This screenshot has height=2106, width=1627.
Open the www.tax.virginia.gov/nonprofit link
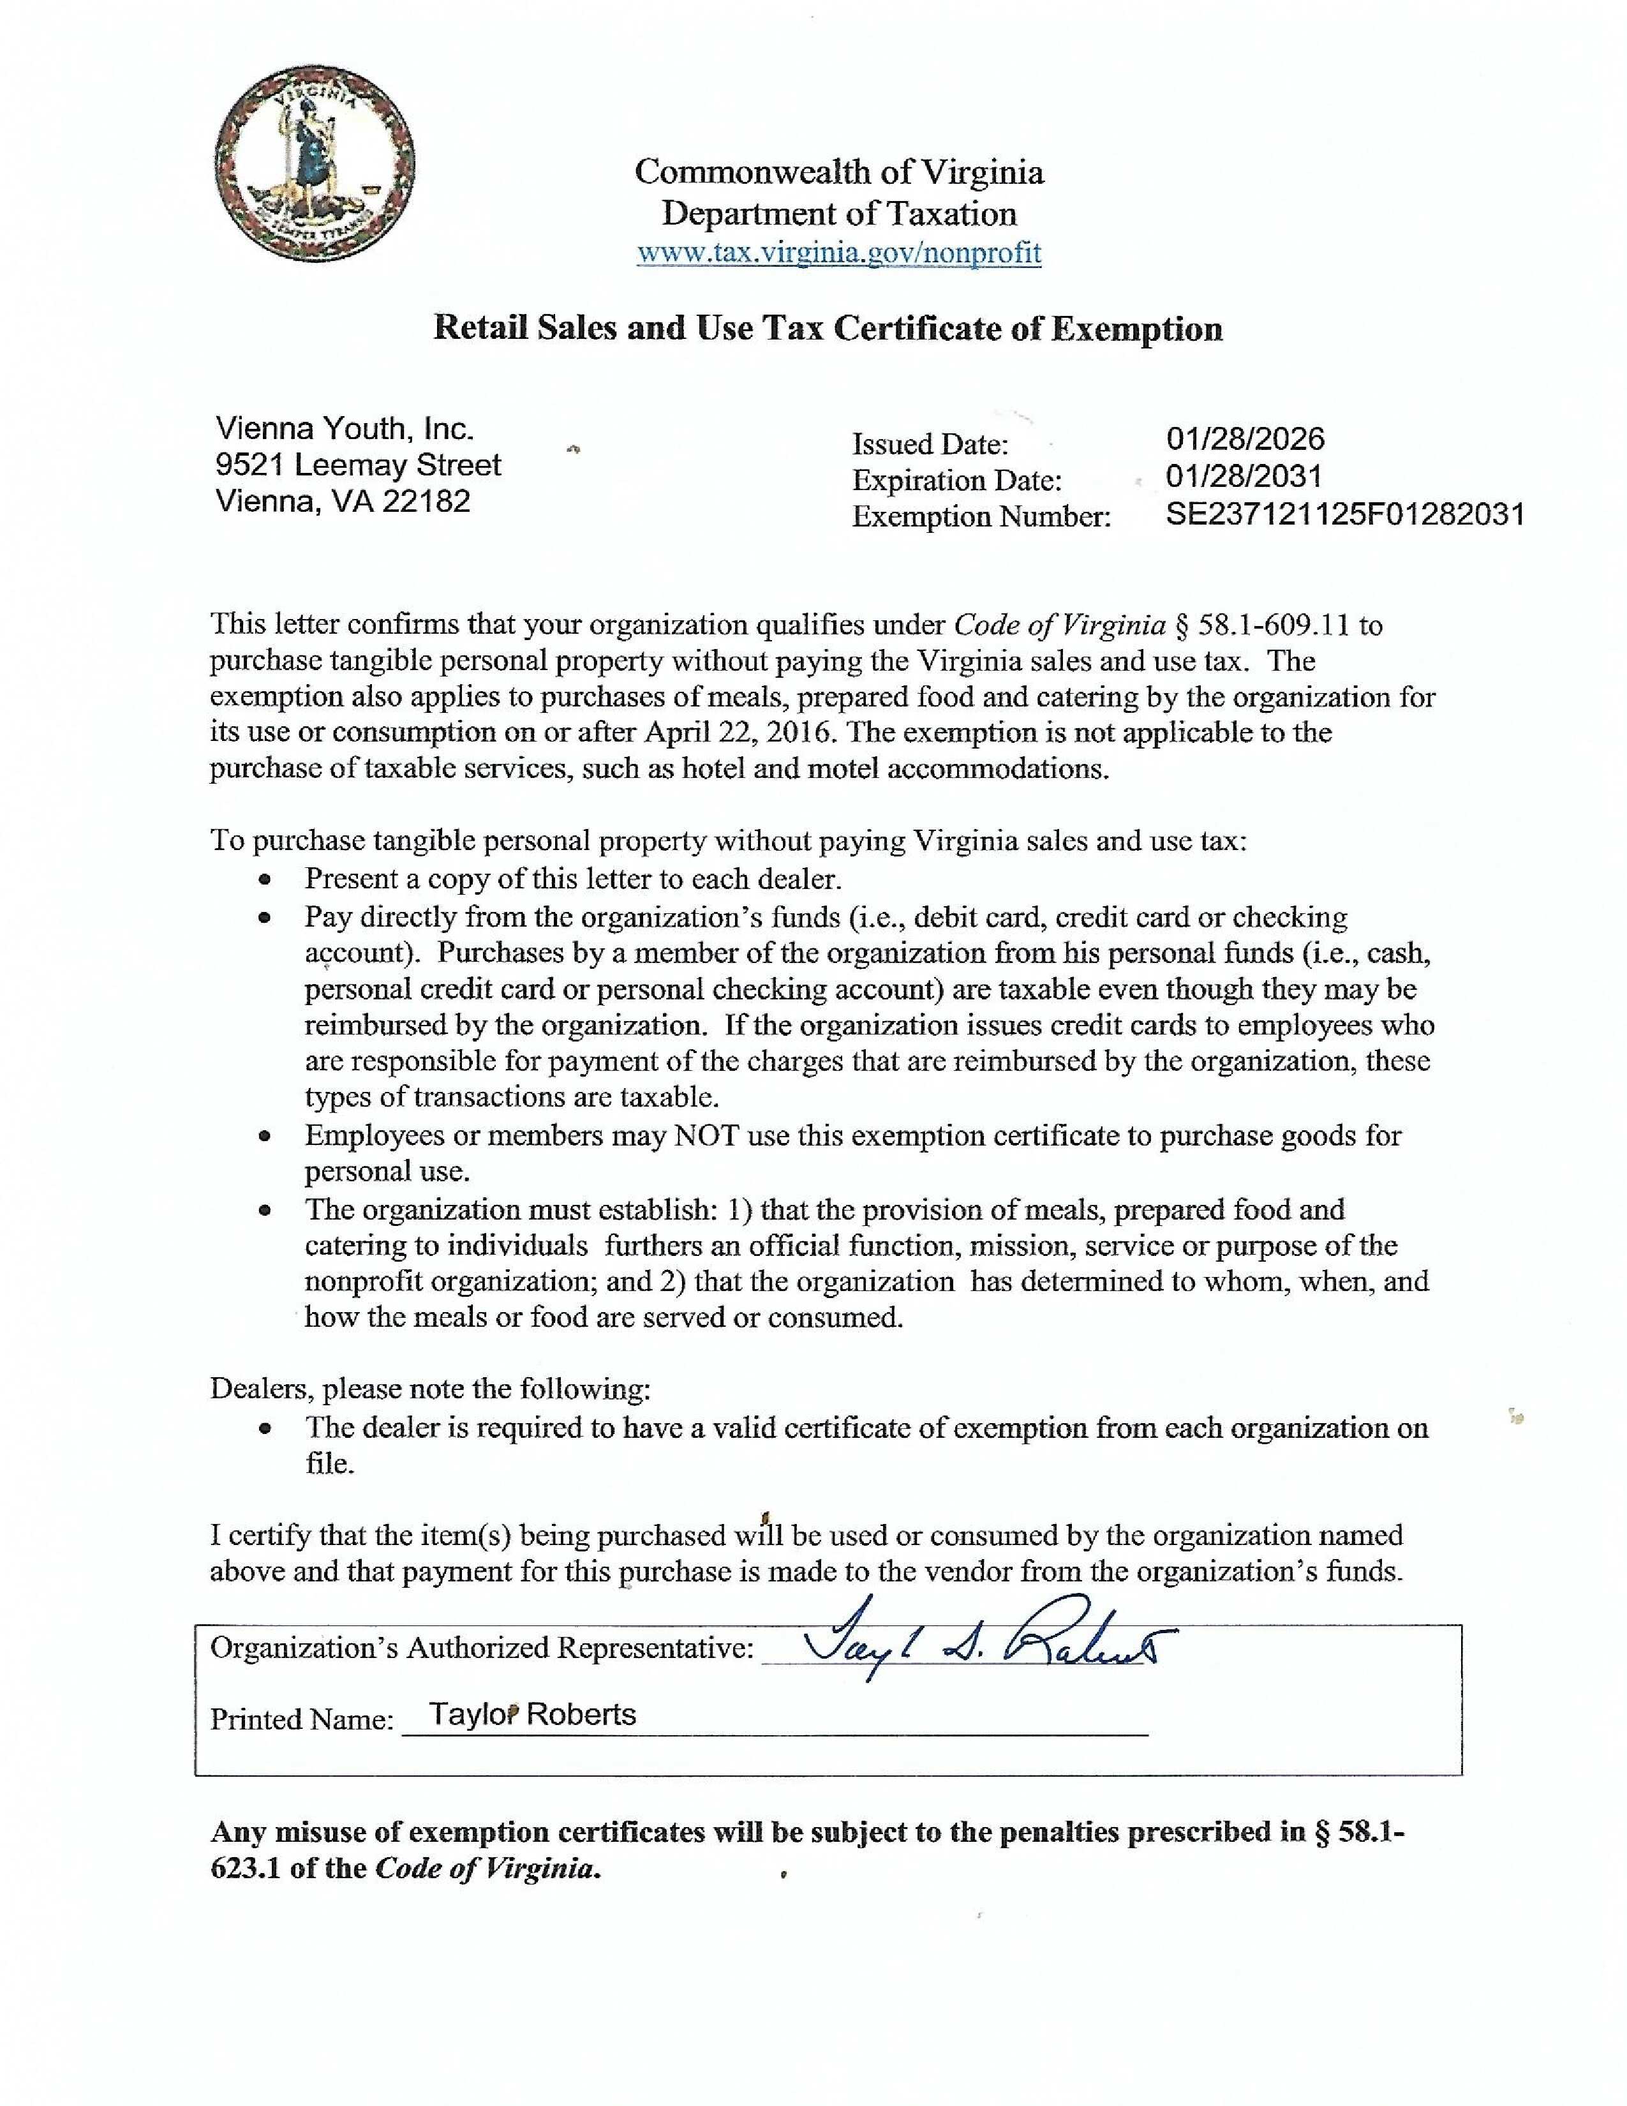pyautogui.click(x=838, y=253)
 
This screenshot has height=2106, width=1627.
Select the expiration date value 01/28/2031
pyautogui.click(x=1244, y=476)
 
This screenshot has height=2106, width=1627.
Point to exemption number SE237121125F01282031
pyautogui.click(x=1344, y=514)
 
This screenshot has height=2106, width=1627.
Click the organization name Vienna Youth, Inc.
pyautogui.click(x=344, y=428)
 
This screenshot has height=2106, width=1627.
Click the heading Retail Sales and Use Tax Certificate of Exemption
pyautogui.click(x=827, y=329)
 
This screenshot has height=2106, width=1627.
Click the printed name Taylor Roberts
pyautogui.click(x=532, y=1715)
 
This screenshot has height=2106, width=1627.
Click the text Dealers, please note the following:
pyautogui.click(x=430, y=1389)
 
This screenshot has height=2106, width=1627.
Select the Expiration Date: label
pyautogui.click(x=956, y=480)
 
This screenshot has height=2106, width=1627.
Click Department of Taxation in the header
pyautogui.click(x=838, y=213)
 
